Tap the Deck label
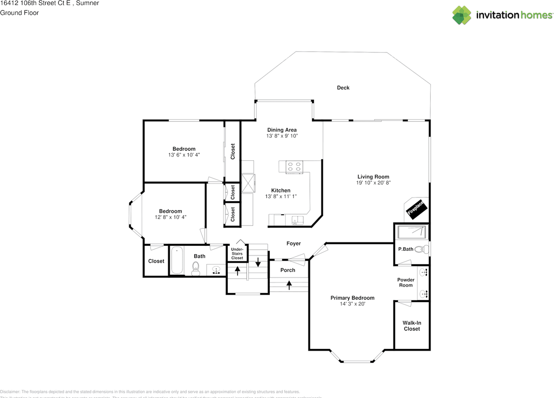pyautogui.click(x=343, y=88)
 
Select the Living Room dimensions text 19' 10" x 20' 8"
pyautogui.click(x=373, y=183)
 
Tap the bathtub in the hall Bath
pyautogui.click(x=177, y=260)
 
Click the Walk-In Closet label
pyautogui.click(x=412, y=326)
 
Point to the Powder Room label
pyautogui.click(x=406, y=282)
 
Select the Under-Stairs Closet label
pyautogui.click(x=237, y=254)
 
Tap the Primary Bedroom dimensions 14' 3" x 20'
pyautogui.click(x=352, y=304)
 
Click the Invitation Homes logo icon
pyautogui.click(x=462, y=15)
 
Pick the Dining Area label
pyautogui.click(x=282, y=130)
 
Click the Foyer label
pyautogui.click(x=293, y=244)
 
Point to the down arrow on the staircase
pyautogui.click(x=258, y=262)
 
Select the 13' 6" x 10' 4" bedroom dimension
pyautogui.click(x=184, y=155)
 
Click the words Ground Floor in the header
pyautogui.click(x=19, y=13)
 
